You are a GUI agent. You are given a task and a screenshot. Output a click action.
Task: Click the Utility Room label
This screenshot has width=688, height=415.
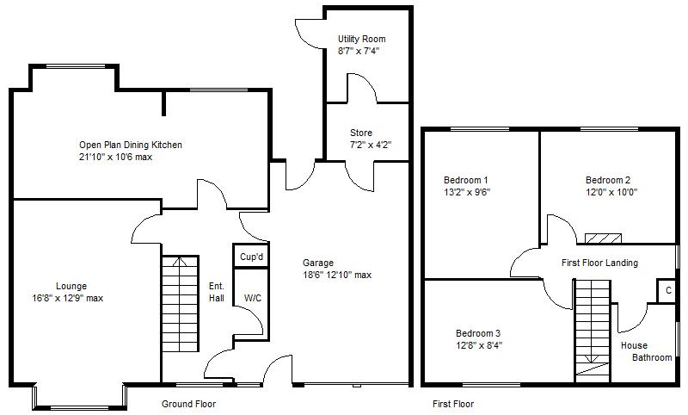coord(361,39)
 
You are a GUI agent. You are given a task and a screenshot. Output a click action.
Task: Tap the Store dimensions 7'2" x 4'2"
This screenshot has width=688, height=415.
coord(371,145)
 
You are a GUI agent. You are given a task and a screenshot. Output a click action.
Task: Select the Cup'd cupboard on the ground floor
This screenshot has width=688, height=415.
coord(251,256)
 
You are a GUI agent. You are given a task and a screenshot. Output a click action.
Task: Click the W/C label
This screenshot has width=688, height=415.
coord(253,298)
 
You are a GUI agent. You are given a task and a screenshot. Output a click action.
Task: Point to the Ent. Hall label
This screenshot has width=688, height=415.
coord(217,292)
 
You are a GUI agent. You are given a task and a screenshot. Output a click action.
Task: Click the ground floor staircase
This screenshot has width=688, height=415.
coord(180,304)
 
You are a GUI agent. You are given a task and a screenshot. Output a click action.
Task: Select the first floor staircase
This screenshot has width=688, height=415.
coord(593,327)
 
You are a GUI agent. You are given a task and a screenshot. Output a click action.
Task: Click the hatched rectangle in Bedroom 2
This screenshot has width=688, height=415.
coord(604,238)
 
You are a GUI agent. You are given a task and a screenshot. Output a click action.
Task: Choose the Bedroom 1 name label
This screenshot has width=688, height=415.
coord(465,180)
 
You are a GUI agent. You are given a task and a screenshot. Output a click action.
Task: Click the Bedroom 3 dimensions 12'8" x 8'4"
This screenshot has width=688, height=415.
coord(479,345)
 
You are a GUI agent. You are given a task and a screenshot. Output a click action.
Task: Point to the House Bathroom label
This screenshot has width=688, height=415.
coord(647,351)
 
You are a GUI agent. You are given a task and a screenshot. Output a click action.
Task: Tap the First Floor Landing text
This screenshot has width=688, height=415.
coord(599,263)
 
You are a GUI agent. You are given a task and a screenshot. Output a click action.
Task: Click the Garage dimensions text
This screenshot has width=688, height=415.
coord(337,275)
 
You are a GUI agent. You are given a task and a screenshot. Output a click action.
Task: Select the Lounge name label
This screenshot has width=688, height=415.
coord(71,287)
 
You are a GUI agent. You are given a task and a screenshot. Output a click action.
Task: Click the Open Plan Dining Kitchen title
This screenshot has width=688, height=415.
coord(131,145)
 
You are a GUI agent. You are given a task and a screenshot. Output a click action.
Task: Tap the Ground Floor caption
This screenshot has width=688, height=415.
coord(188,404)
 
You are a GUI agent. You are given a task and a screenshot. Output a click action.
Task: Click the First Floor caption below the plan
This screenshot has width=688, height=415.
coord(453,404)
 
